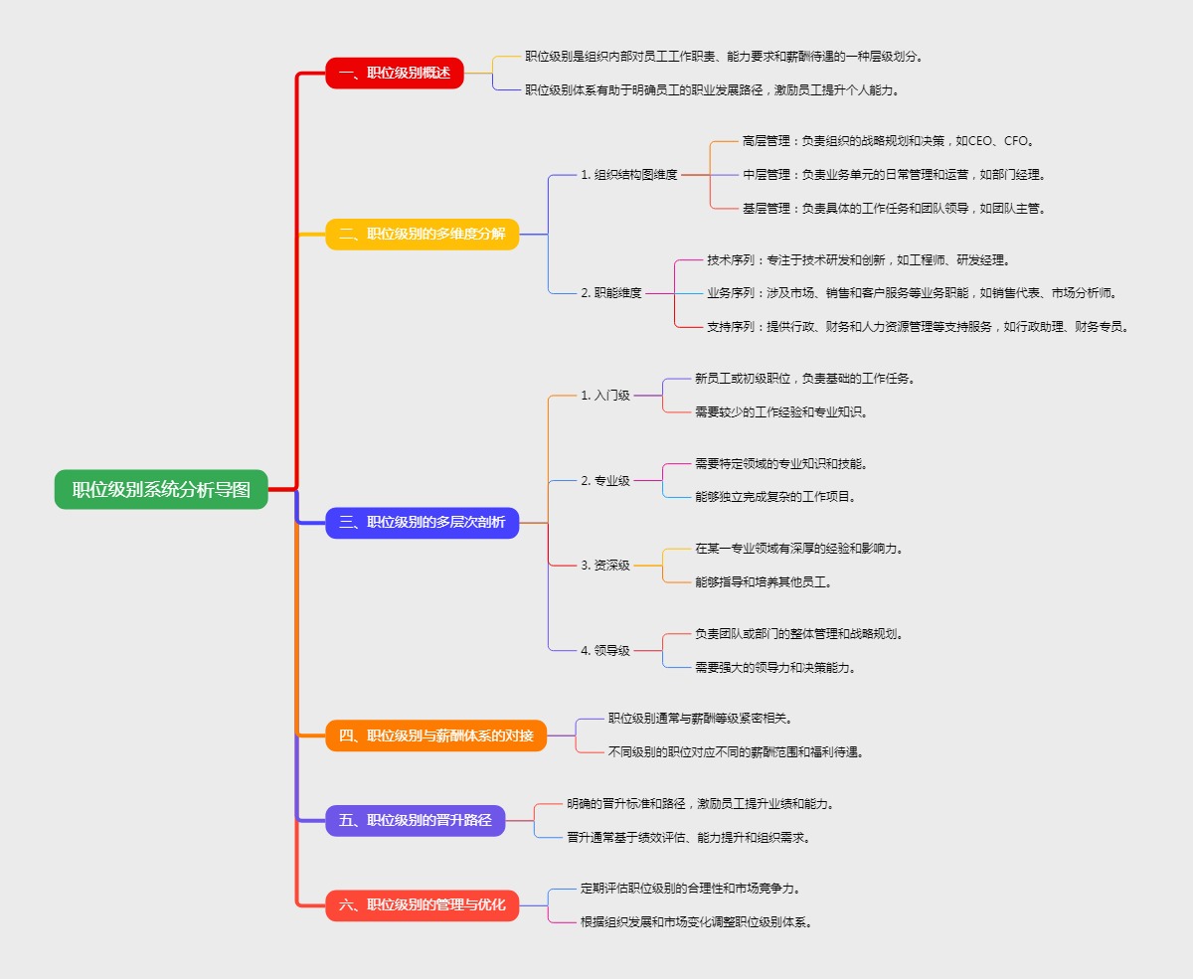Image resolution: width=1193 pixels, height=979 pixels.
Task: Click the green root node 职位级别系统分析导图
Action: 161,489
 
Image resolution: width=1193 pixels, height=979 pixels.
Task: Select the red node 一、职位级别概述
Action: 395,73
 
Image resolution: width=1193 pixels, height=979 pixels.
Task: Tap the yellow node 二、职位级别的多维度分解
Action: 423,235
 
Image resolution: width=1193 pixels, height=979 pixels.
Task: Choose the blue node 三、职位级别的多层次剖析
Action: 423,522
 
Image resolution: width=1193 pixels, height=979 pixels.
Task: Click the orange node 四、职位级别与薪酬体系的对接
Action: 436,735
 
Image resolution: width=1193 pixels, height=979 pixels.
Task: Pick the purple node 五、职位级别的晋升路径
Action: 416,820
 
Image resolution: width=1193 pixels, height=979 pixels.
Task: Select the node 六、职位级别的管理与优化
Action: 423,904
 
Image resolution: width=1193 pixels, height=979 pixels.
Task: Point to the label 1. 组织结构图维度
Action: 629,175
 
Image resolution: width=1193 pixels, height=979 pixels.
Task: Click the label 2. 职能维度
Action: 611,293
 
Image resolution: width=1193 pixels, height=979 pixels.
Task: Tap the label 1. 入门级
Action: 605,396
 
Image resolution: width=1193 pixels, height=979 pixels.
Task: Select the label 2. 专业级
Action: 605,481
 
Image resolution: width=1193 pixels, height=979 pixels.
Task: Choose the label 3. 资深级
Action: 605,566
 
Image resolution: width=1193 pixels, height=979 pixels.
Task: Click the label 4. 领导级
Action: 605,651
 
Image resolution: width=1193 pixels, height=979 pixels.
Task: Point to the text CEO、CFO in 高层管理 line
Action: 1000,141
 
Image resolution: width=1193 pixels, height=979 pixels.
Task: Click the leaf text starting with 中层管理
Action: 893,175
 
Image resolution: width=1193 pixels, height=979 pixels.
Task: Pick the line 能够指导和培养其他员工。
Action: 764,582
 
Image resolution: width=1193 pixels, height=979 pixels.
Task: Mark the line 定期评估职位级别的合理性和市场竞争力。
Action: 691,888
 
